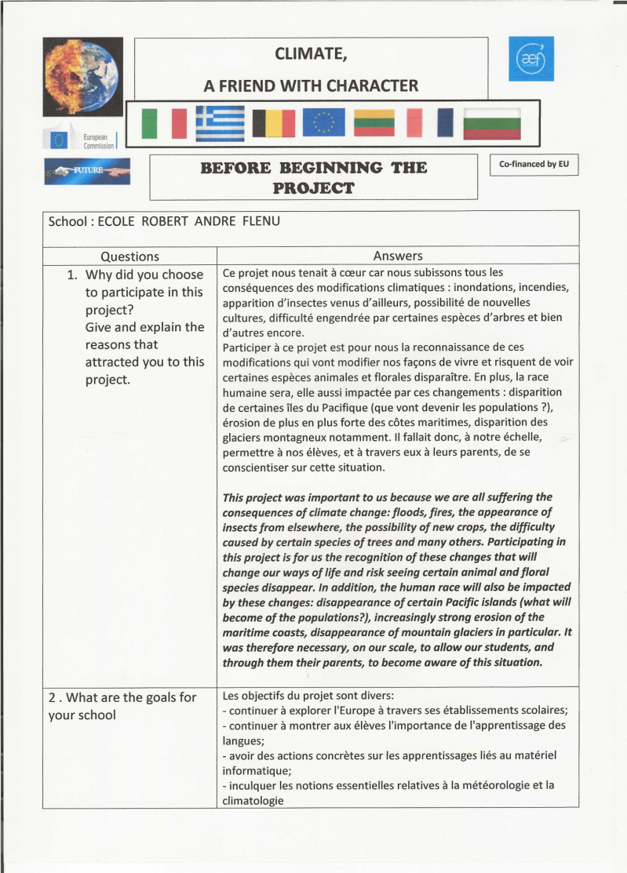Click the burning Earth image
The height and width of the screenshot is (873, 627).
click(x=82, y=76)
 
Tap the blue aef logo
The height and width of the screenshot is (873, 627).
click(x=530, y=58)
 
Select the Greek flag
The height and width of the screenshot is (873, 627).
click(x=220, y=123)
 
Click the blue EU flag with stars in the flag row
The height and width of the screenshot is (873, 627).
click(x=323, y=123)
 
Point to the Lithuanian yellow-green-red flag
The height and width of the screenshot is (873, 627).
click(x=374, y=123)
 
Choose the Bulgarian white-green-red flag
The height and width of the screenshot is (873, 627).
click(x=493, y=123)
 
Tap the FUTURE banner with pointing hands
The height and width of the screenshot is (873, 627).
click(x=87, y=171)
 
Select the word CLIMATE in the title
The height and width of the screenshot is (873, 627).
click(x=311, y=54)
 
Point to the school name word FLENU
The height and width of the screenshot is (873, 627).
click(x=260, y=221)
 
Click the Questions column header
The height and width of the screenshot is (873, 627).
click(x=129, y=256)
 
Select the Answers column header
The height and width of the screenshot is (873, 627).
click(x=398, y=256)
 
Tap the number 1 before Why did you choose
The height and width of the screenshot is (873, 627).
click(x=71, y=275)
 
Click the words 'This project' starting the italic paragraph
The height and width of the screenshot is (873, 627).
click(x=255, y=497)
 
